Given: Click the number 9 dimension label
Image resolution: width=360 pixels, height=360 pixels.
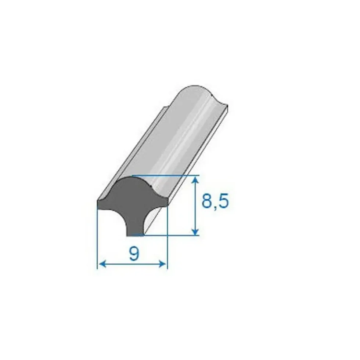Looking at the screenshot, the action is click(x=134, y=254).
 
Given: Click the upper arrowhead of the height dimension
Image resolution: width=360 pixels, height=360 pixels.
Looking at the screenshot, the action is click(x=195, y=181).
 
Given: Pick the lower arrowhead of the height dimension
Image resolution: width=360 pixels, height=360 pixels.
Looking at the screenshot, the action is click(x=195, y=231).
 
